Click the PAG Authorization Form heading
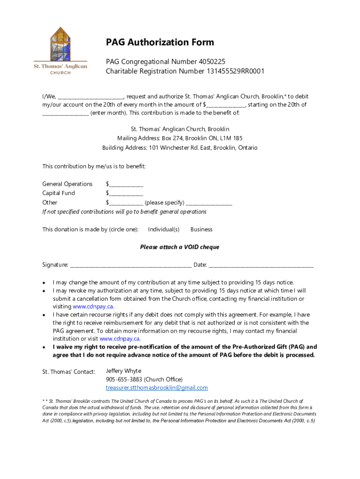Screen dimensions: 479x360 pyautogui.click(x=159, y=43)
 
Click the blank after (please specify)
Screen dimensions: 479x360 pyautogui.click(x=209, y=203)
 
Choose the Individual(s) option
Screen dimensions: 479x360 pyautogui.click(x=164, y=230)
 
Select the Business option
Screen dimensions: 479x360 pyautogui.click(x=202, y=230)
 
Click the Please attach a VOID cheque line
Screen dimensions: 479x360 pyautogui.click(x=180, y=247)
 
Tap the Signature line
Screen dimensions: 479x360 pyautogui.click(x=130, y=265)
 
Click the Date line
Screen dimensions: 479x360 pyautogui.click(x=261, y=265)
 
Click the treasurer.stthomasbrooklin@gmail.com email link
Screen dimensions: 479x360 pyautogui.click(x=157, y=388)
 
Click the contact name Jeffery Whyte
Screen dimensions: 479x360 pyautogui.click(x=123, y=371)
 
